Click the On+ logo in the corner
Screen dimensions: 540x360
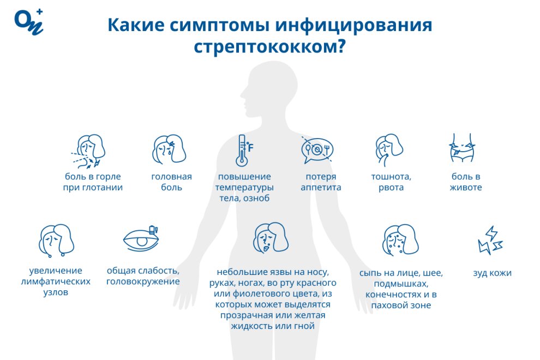tap(29, 22)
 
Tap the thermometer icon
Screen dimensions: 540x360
tap(242, 150)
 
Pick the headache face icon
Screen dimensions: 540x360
tap(169, 149)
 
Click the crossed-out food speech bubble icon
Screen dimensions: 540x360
tap(317, 150)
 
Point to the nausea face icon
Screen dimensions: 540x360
tap(389, 150)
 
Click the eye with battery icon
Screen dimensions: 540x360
tap(141, 238)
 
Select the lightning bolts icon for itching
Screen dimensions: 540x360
tap(490, 241)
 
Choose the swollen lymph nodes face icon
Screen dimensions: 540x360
tap(56, 241)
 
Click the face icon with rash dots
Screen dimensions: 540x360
tap(400, 240)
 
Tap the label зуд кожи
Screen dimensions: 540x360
tap(492, 273)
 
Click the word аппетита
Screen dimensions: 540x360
tap(321, 188)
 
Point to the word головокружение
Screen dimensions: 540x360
tap(143, 281)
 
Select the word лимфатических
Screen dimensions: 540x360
tap(56, 281)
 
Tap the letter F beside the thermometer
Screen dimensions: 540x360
tap(251, 148)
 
